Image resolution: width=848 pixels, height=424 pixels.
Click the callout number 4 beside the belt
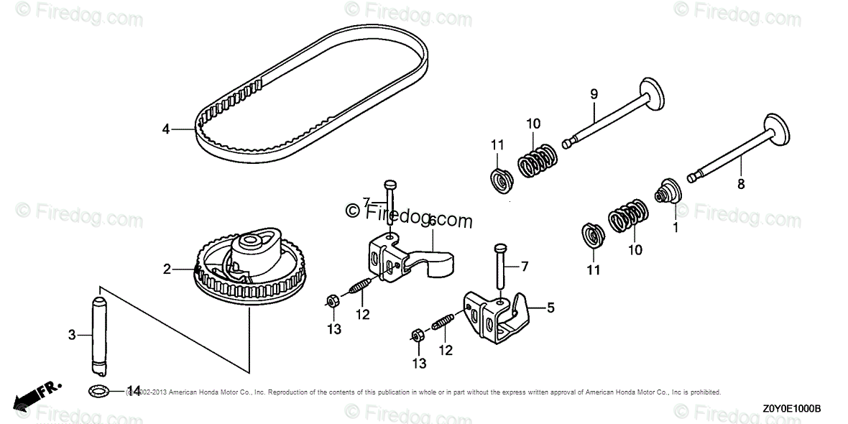(166, 129)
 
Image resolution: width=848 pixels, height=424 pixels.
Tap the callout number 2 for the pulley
(167, 269)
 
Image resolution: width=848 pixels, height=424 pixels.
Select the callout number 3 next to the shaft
(72, 335)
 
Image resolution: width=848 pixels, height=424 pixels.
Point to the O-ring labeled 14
(99, 390)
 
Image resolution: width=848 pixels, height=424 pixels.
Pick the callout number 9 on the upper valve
(594, 93)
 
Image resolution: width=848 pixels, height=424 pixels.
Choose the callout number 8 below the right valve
(741, 184)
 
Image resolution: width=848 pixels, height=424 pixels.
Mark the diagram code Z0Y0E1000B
(791, 408)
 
